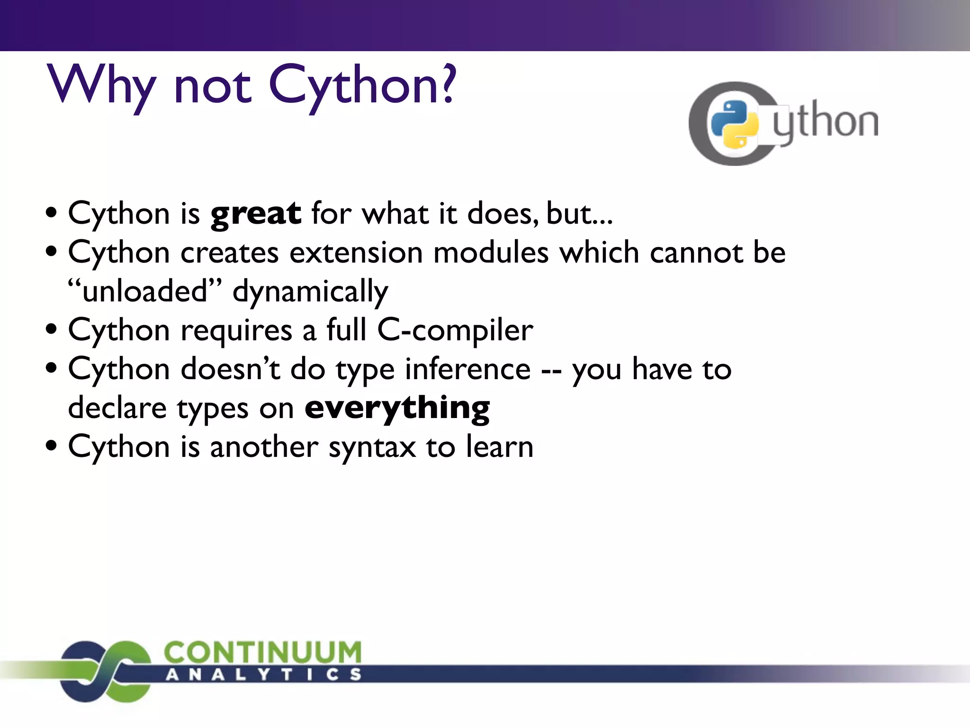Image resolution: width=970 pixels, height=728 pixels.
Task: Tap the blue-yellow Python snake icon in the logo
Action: (x=735, y=124)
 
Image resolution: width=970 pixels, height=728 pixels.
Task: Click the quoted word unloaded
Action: (x=144, y=291)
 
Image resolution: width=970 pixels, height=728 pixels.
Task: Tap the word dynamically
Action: (x=310, y=292)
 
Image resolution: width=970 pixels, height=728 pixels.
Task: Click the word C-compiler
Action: (x=455, y=331)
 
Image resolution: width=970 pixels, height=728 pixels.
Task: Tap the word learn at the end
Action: (x=500, y=447)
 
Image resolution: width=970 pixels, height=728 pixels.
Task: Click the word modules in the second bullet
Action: (x=491, y=253)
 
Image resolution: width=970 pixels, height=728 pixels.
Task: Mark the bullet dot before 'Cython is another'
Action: (x=52, y=446)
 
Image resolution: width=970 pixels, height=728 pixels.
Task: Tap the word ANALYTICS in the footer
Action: (x=263, y=674)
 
